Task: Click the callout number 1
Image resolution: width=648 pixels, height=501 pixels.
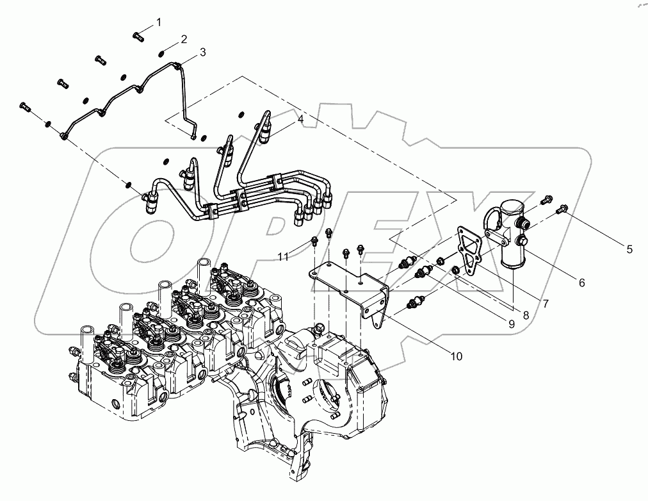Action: coord(159,22)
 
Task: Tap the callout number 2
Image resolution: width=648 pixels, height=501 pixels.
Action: coord(183,40)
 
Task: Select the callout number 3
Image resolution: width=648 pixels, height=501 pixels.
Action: coord(202,53)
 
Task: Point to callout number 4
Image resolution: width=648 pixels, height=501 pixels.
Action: coord(300,119)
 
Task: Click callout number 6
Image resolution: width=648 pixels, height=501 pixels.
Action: coord(581,281)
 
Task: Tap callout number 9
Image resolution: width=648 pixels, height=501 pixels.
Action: coord(512,324)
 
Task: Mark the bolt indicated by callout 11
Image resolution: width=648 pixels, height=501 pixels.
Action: coord(315,242)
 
